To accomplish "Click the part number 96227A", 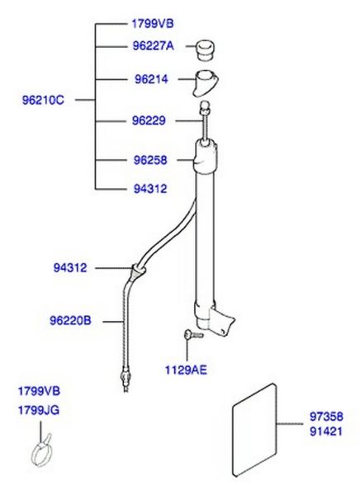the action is (154, 46).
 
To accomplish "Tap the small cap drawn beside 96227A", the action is (206, 49).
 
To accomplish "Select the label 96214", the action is (151, 79).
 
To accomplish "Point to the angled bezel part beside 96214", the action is (206, 83).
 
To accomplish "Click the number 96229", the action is (149, 120).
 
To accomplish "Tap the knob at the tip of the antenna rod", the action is (206, 106).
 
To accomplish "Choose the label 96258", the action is (150, 160).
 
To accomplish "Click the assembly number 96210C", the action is (43, 101).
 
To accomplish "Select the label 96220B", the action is (70, 321).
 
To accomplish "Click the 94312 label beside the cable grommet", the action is (70, 268).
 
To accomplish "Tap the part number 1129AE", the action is (186, 370).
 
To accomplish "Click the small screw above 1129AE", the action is (193, 334).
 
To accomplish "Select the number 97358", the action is (326, 417).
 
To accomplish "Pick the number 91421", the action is (326, 431).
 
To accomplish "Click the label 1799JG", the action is (39, 411).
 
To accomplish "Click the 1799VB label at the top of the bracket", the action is (153, 24).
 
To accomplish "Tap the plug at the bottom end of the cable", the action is (126, 379).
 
